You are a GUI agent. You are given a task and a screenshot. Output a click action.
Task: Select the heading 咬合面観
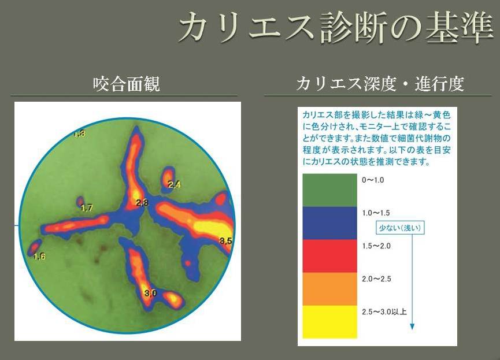point(127,84)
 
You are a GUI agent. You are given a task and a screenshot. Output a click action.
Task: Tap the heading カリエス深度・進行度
point(380,84)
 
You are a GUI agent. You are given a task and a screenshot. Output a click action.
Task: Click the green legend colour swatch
point(329,190)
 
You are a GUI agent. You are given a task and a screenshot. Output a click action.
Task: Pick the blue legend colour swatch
point(329,223)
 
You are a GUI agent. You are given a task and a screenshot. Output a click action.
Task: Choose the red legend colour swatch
point(329,256)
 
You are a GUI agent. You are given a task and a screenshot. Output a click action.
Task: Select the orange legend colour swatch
point(329,289)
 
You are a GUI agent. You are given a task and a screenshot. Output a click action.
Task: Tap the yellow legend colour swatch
point(329,322)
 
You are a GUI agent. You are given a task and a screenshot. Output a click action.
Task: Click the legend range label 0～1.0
point(373,180)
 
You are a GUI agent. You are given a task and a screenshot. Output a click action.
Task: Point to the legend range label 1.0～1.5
point(376,213)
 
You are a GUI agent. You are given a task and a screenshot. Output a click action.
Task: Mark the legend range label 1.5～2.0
point(376,246)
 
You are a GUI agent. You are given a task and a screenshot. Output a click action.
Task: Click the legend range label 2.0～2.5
point(376,279)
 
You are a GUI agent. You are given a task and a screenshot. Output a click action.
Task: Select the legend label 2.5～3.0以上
point(384,312)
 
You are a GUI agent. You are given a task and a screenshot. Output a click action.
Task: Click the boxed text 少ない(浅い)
point(400,228)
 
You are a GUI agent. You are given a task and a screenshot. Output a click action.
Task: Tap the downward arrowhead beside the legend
point(412,326)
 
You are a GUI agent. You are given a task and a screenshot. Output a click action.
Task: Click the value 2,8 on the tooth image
point(142,202)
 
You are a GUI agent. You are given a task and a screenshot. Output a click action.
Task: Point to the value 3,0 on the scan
point(150,293)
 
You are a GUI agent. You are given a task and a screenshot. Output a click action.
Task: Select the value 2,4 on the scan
point(174,184)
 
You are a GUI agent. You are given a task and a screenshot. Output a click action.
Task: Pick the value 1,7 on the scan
point(86,208)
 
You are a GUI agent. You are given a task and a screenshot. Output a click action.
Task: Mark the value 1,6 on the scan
point(39,257)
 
